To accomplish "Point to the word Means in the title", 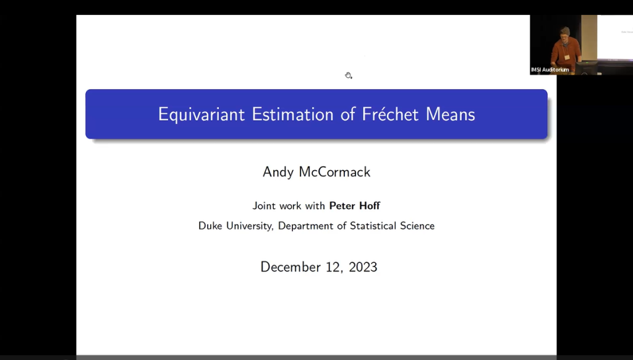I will (450, 114).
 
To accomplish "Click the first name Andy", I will (278, 173).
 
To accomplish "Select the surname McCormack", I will (335, 173).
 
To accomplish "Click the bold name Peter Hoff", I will (354, 206).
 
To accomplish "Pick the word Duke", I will (210, 226).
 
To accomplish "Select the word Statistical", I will (373, 226).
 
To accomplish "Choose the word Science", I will (418, 226).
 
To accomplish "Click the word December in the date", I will (291, 267).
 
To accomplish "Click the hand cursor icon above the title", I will (349, 75).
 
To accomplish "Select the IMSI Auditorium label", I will (550, 70).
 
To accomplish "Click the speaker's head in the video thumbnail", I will (564, 32).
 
